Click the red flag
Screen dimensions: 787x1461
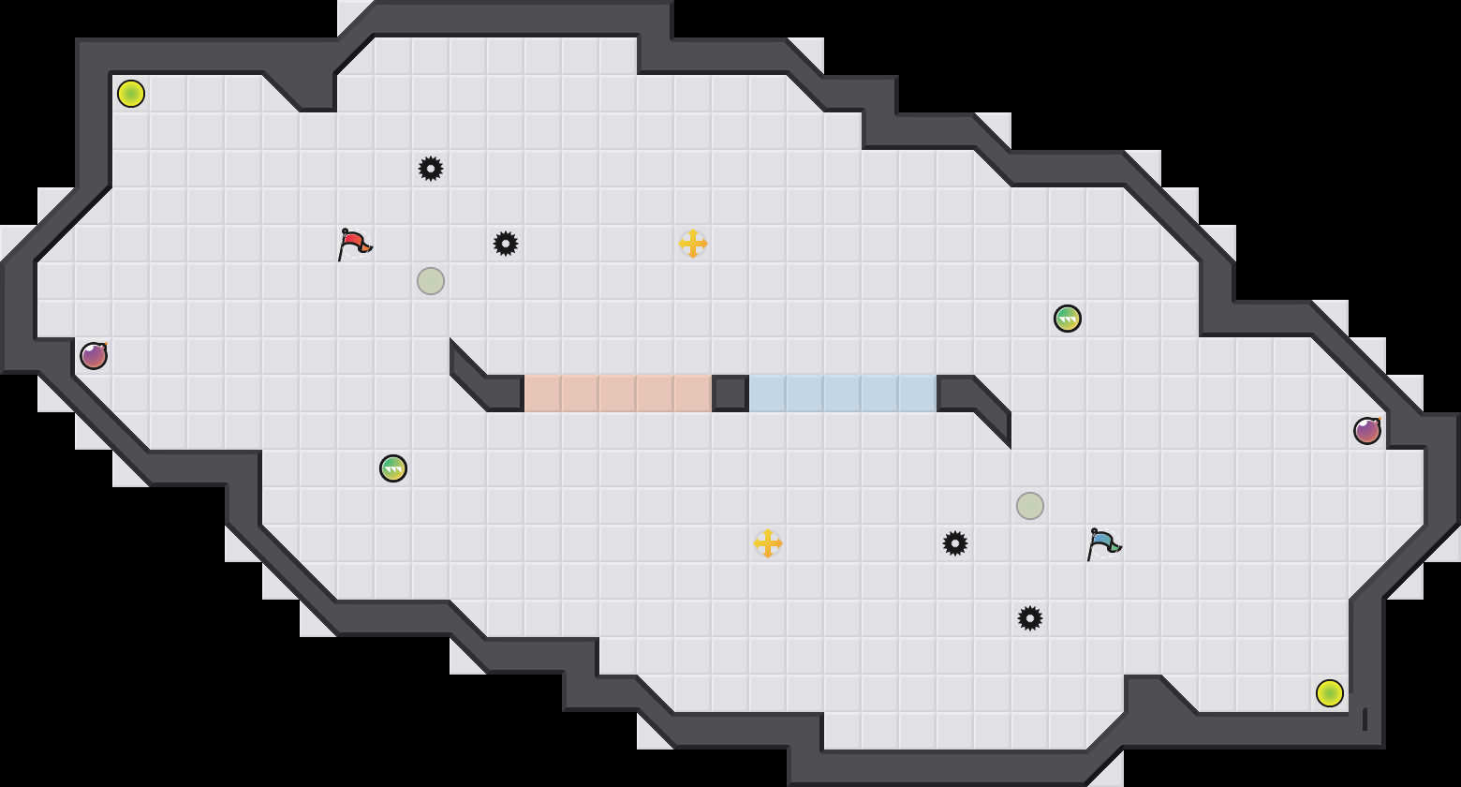point(354,244)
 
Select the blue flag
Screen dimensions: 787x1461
point(1103,543)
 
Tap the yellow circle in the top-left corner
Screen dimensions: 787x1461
point(131,94)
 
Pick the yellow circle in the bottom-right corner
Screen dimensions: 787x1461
point(1330,693)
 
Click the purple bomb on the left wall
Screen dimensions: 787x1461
point(94,356)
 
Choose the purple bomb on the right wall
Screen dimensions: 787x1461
point(1367,431)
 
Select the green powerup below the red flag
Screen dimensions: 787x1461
point(393,468)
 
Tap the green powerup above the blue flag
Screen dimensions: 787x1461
point(1068,319)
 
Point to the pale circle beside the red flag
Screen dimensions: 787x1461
point(431,281)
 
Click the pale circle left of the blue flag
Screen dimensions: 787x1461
point(1030,506)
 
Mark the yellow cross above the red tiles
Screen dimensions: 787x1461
point(693,244)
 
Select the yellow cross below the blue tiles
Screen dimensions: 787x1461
point(768,543)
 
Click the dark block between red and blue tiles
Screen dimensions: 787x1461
point(730,393)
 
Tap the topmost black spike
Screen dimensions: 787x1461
point(431,169)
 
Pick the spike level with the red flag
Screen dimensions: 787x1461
point(506,244)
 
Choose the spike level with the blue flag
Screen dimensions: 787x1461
point(955,543)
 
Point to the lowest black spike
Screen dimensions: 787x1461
point(1030,618)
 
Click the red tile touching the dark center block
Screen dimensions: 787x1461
point(693,393)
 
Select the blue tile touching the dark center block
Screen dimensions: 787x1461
point(768,393)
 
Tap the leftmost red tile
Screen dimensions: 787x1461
point(543,393)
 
